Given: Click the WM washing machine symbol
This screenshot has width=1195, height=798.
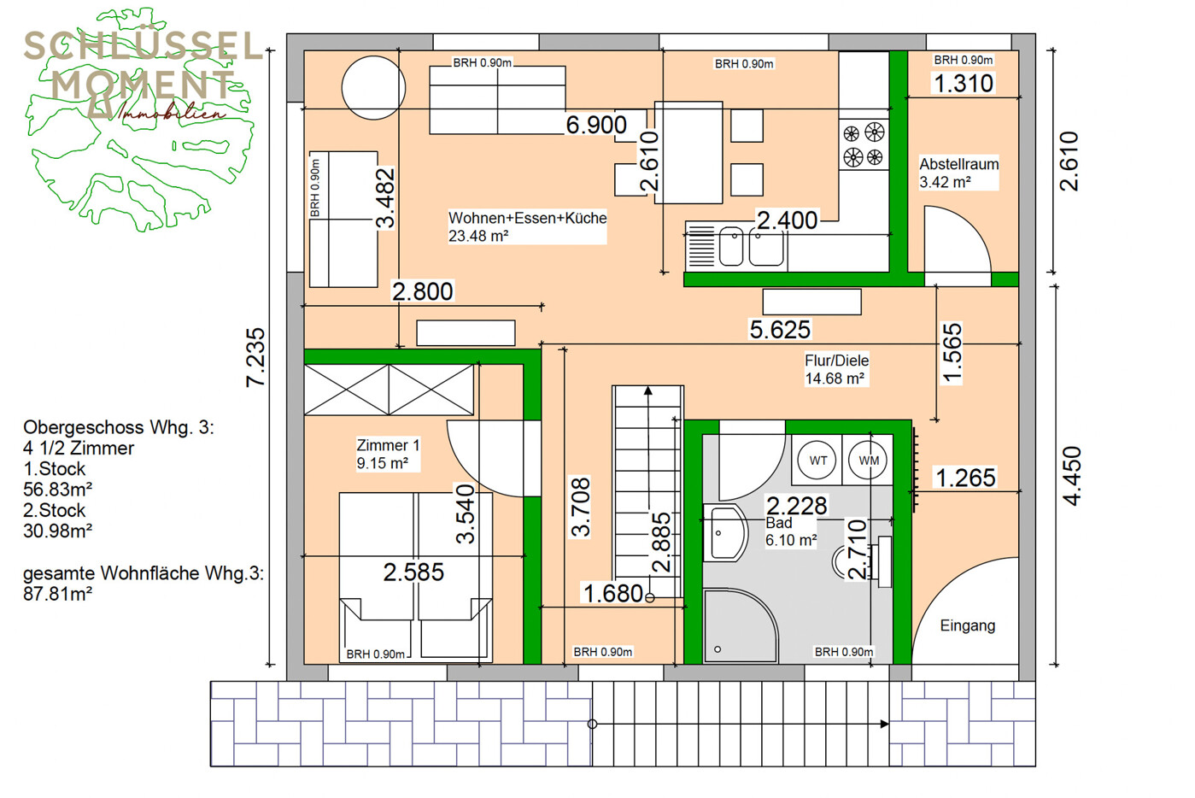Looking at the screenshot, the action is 869,461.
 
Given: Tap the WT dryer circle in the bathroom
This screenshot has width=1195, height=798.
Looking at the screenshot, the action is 817,461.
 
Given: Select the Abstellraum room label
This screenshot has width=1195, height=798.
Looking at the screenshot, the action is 958,164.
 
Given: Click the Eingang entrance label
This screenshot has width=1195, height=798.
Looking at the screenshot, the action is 967,625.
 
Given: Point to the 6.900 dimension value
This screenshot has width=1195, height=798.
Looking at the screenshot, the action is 596,125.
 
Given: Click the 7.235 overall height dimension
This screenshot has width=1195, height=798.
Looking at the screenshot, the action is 255,357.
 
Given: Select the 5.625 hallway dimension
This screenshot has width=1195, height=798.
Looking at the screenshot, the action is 780,329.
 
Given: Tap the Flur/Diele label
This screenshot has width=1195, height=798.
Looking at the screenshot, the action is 836,361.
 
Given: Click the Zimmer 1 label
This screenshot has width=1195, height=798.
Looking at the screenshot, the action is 388,445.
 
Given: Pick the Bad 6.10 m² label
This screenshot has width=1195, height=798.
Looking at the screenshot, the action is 791,531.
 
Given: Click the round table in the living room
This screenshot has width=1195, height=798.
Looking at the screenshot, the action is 373,88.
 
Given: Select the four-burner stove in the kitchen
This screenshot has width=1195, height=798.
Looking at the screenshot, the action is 864,144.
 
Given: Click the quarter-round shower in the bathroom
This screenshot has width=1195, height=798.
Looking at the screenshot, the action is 740,625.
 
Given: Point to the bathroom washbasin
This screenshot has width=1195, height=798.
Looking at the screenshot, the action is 724,532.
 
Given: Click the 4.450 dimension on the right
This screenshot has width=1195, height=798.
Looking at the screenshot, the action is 1071,476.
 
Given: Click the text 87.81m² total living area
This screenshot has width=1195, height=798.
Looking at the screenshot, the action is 57,594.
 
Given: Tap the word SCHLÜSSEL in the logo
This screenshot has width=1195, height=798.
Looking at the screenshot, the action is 143,46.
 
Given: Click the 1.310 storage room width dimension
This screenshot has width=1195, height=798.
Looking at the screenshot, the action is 964,83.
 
